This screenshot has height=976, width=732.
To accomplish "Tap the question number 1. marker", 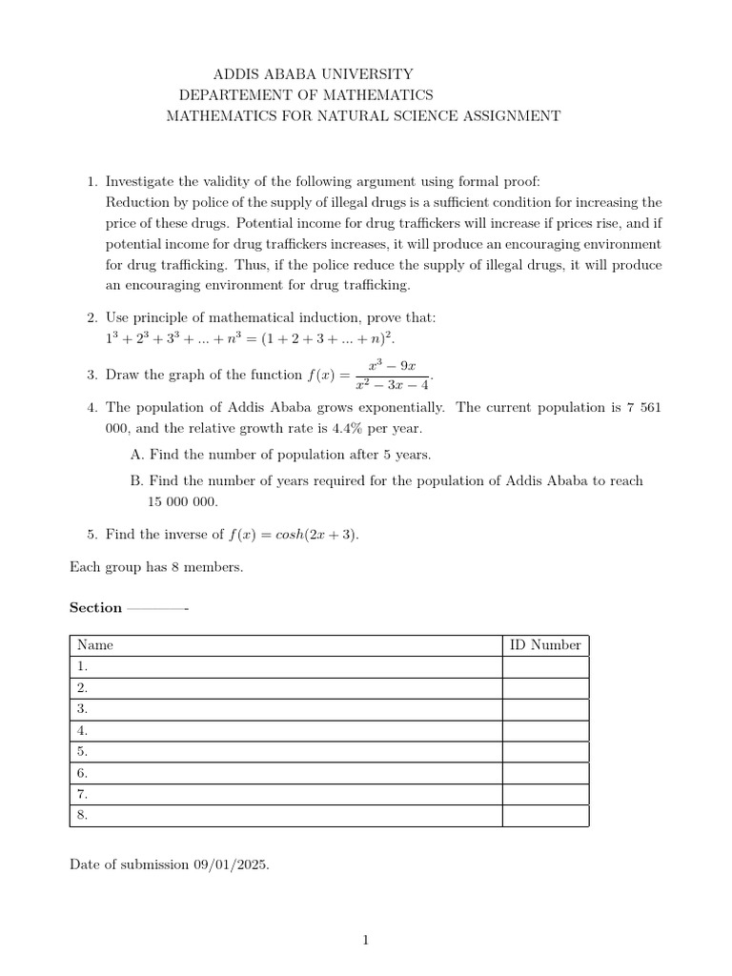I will coord(92,181).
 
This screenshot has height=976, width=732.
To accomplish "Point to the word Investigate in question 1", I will coord(140,181).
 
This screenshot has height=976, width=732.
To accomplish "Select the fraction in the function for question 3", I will coord(392,375).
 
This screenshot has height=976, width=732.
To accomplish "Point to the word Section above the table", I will coord(96,607).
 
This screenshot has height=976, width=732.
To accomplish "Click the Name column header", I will coord(95,645).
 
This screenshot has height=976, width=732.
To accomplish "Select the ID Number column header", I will coord(544,645).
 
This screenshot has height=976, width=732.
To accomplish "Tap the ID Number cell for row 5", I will coord(544,752).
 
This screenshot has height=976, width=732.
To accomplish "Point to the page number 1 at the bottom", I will coord(365,941).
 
